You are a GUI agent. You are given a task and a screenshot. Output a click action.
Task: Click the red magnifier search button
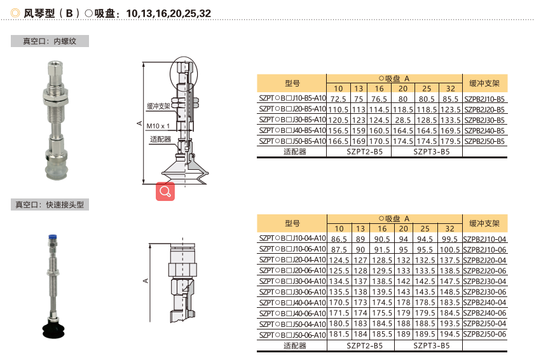165,191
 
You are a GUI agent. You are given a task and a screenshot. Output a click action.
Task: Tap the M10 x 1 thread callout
158,126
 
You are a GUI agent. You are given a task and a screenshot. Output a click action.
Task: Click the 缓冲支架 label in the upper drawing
158,106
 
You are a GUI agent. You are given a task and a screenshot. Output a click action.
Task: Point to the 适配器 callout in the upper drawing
160,139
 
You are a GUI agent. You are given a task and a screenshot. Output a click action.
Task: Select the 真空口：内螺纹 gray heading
50,41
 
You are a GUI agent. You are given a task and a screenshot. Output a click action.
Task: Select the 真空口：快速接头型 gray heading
50,205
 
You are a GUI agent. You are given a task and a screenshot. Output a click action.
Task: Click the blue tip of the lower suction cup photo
52,237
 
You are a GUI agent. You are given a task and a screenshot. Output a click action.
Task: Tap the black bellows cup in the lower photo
53,328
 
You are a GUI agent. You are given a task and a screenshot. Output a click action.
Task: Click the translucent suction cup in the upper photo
57,170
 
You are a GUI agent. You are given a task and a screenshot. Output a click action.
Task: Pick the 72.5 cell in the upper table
338,99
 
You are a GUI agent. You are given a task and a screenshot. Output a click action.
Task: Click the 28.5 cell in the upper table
403,120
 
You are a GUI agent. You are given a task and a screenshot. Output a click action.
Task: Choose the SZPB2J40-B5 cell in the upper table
484,131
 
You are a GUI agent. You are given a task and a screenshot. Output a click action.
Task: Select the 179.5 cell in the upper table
451,141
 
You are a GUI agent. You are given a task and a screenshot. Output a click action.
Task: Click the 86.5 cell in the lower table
339,239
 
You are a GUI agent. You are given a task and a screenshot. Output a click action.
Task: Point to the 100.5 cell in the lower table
449,250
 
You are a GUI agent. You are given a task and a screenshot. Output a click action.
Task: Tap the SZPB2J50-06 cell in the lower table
484,334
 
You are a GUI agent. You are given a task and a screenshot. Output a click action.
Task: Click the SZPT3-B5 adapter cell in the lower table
432,346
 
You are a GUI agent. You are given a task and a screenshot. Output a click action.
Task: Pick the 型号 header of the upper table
292,83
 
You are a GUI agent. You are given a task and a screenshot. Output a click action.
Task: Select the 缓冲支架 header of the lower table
484,223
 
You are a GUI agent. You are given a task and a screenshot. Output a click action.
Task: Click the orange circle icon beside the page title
15,13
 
